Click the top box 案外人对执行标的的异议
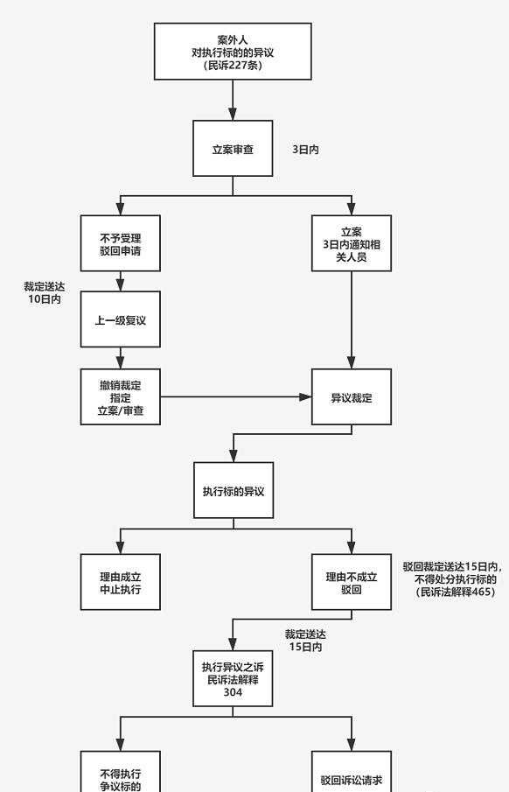233,52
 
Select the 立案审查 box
233,149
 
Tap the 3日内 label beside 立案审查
305,150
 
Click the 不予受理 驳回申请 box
121,243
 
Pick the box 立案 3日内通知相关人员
352,243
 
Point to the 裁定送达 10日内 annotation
44,292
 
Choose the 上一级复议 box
121,320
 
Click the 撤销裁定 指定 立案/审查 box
121,396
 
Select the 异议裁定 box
352,396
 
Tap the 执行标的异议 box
233,490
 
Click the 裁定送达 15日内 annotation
305,640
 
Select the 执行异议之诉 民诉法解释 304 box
233,678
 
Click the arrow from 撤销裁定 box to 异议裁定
236,396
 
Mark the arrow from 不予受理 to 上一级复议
121,281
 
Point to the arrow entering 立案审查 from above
233,101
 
